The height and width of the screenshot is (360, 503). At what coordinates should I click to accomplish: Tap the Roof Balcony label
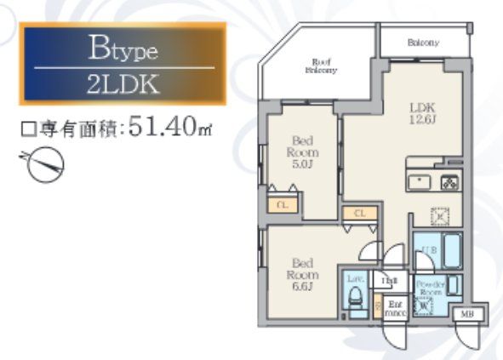(321, 66)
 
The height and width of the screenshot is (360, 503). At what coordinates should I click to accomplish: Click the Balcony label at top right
(423, 42)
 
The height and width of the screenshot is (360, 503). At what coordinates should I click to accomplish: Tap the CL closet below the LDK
(359, 214)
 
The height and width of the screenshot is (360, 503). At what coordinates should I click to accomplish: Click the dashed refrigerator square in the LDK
(440, 215)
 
